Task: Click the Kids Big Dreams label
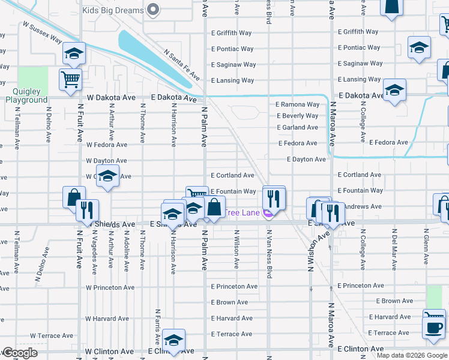pos(113,10)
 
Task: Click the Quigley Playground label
pos(26,96)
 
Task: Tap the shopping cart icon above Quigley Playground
pos(70,79)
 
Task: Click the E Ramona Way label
pos(297,104)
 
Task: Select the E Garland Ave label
pos(297,128)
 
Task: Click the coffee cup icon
pos(433,327)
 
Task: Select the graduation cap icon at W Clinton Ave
pos(173,340)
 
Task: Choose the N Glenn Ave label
pos(426,249)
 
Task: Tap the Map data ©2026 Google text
pos(411,356)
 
